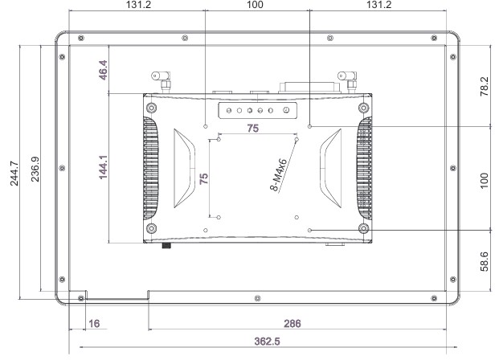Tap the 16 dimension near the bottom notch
94,324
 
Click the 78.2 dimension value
484,86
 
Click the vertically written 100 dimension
484,178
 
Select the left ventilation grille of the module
149,168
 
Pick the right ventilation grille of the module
366,168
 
